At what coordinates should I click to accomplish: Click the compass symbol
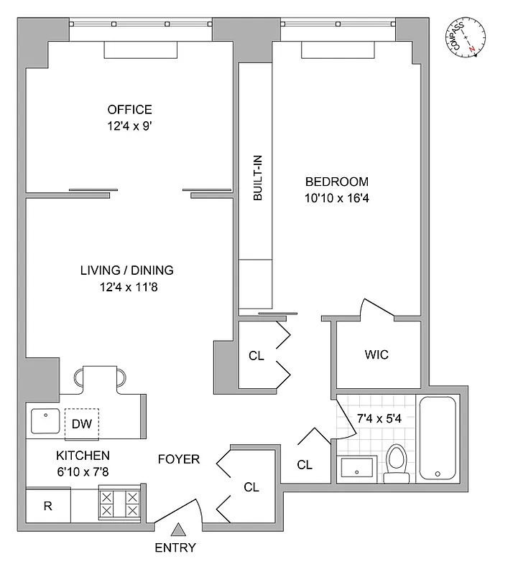468,37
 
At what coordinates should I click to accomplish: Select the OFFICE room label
129,110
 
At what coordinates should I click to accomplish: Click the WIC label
376,355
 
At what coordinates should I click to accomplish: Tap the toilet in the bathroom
396,463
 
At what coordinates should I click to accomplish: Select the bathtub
438,438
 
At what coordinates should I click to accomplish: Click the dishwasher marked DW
82,424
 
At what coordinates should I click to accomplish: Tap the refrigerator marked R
48,506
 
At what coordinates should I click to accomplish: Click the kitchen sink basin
45,422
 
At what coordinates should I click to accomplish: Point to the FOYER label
179,459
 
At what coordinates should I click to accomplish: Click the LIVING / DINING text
126,270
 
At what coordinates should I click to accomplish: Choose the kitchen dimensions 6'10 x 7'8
83,471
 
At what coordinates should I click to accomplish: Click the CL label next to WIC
256,355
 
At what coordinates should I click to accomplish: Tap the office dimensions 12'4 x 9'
129,126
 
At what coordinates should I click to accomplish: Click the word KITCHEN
83,456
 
